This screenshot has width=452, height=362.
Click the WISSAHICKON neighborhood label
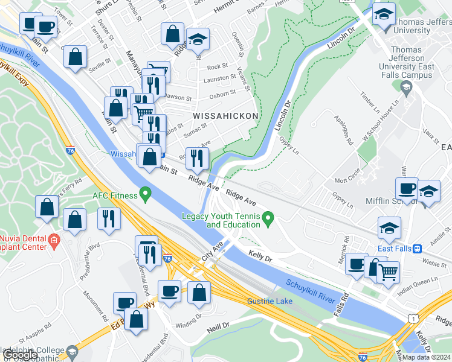(225, 115)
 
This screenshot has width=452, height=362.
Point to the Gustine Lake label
(270, 301)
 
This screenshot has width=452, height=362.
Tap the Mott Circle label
(347, 180)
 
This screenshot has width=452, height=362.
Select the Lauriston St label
(219, 78)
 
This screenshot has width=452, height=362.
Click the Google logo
(20, 355)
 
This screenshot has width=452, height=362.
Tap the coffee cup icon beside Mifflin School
(407, 188)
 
